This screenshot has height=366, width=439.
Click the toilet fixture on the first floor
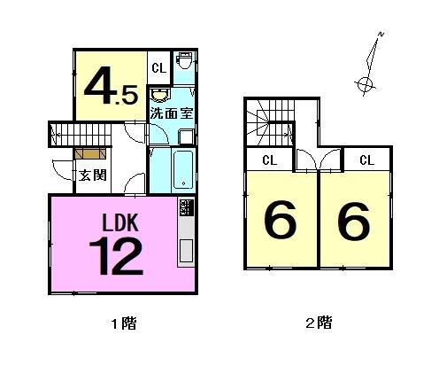(x=184, y=60)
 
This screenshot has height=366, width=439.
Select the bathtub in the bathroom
(x=183, y=169)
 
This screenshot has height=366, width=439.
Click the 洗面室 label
(x=172, y=113)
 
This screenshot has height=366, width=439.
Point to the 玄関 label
(x=92, y=175)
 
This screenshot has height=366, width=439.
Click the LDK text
(x=120, y=222)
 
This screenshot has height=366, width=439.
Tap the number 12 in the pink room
(x=116, y=256)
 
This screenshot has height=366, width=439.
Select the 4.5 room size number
(x=111, y=86)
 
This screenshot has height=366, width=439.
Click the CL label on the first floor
(x=159, y=68)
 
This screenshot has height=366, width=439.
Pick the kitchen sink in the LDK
(x=186, y=251)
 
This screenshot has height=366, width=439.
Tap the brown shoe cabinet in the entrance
(x=90, y=153)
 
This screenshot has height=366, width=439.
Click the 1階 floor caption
(x=124, y=323)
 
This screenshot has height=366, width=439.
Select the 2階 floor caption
(x=319, y=323)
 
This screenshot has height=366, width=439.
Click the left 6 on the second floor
(x=280, y=220)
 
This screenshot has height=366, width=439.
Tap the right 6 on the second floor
(x=354, y=221)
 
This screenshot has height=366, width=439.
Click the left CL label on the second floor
(x=270, y=160)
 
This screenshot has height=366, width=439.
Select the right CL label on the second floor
(x=367, y=160)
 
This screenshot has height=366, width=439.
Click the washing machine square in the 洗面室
(x=186, y=137)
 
